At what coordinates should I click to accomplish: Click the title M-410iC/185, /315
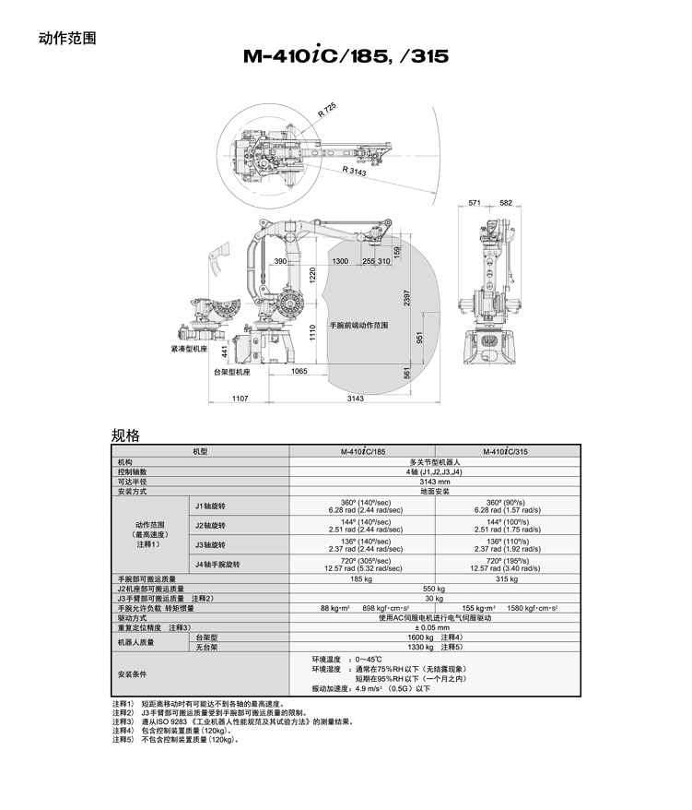coord(346,56)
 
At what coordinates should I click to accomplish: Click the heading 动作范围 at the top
coord(67,39)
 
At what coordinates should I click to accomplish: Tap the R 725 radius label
coord(327,111)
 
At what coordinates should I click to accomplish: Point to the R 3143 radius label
coord(354,171)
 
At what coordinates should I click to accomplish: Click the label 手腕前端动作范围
coord(358,326)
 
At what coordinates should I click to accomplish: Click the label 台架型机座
coord(231,372)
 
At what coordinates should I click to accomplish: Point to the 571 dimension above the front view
coord(475,202)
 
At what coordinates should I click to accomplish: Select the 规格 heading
coord(125,435)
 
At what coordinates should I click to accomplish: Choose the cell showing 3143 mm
coord(434,482)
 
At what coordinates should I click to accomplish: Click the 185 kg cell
coord(361,578)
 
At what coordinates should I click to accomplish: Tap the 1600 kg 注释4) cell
coord(434,637)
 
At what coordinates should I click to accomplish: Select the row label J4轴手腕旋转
coord(217,564)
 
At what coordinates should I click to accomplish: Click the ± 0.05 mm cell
coord(434,627)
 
